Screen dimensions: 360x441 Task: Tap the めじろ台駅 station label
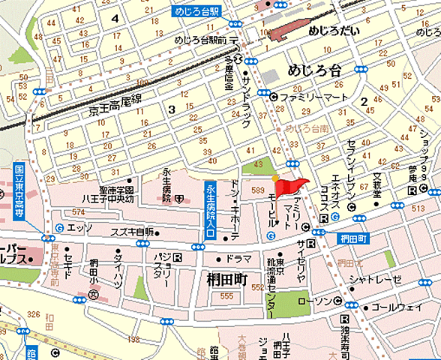[x=193, y=11]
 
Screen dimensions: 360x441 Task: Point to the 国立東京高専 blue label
[x=19, y=191]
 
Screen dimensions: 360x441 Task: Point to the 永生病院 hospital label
[x=169, y=186]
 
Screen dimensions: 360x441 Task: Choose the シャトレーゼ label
[x=374, y=280]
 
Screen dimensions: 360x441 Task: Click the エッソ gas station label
[x=79, y=227]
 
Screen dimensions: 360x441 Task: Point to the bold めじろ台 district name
[x=313, y=70]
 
